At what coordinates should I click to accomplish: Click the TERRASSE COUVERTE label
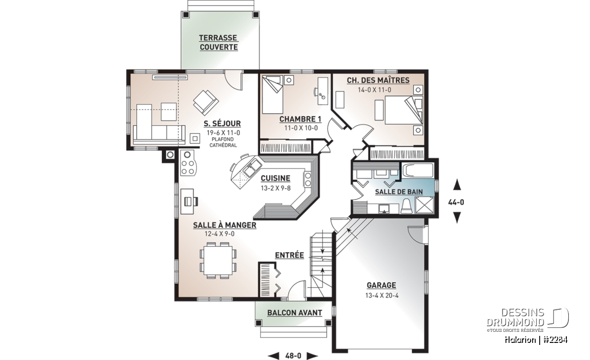(x=218, y=43)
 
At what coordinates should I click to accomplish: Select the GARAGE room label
(x=382, y=286)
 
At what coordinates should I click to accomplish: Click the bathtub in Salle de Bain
(x=417, y=171)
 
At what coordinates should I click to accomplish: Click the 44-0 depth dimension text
(x=456, y=202)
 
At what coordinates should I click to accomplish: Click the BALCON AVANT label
(x=295, y=313)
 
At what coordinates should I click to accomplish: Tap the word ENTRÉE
(x=289, y=255)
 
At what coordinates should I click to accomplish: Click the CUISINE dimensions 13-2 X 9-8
(x=276, y=188)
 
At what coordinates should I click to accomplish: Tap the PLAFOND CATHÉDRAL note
(x=223, y=142)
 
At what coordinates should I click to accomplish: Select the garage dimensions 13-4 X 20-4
(x=382, y=295)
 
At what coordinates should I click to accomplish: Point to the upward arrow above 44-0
(x=457, y=185)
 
